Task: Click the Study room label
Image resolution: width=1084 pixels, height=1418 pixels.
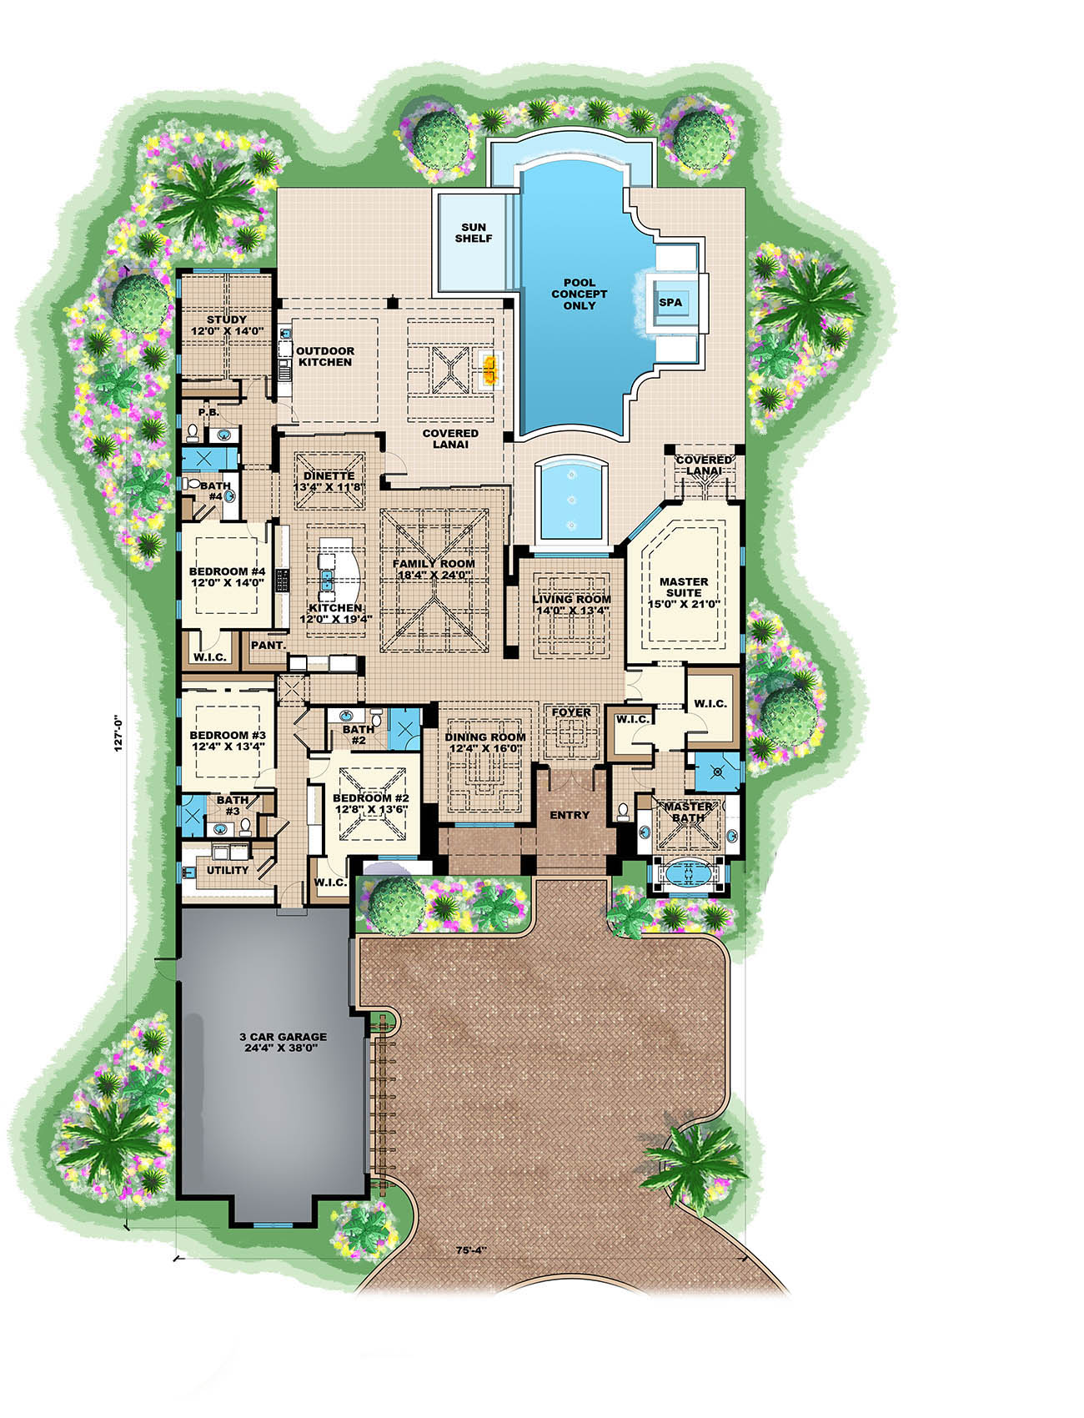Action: tap(227, 319)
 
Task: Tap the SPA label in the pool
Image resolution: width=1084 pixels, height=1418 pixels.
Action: tap(670, 303)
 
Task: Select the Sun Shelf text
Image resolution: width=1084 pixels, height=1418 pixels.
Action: tap(473, 233)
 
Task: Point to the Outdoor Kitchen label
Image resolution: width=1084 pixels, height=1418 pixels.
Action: tap(325, 356)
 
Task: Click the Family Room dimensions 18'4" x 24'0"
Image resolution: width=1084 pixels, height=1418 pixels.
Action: tap(434, 575)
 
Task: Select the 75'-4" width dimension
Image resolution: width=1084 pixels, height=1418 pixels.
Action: tap(472, 1250)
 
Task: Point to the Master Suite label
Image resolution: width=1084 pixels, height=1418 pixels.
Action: tap(684, 586)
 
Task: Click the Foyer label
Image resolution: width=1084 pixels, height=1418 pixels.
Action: tap(571, 712)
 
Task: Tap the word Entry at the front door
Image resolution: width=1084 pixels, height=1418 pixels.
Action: tap(570, 815)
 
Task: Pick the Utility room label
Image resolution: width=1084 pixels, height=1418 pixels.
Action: tap(228, 870)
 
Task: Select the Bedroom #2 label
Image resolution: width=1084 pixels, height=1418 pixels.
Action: tap(364, 797)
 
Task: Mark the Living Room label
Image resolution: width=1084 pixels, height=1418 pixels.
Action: tap(571, 599)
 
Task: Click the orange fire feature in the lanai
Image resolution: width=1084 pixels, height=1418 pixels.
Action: tap(491, 367)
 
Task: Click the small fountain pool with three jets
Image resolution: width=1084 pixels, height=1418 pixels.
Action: tap(572, 498)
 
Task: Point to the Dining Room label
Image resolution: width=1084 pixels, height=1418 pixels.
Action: tap(484, 737)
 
